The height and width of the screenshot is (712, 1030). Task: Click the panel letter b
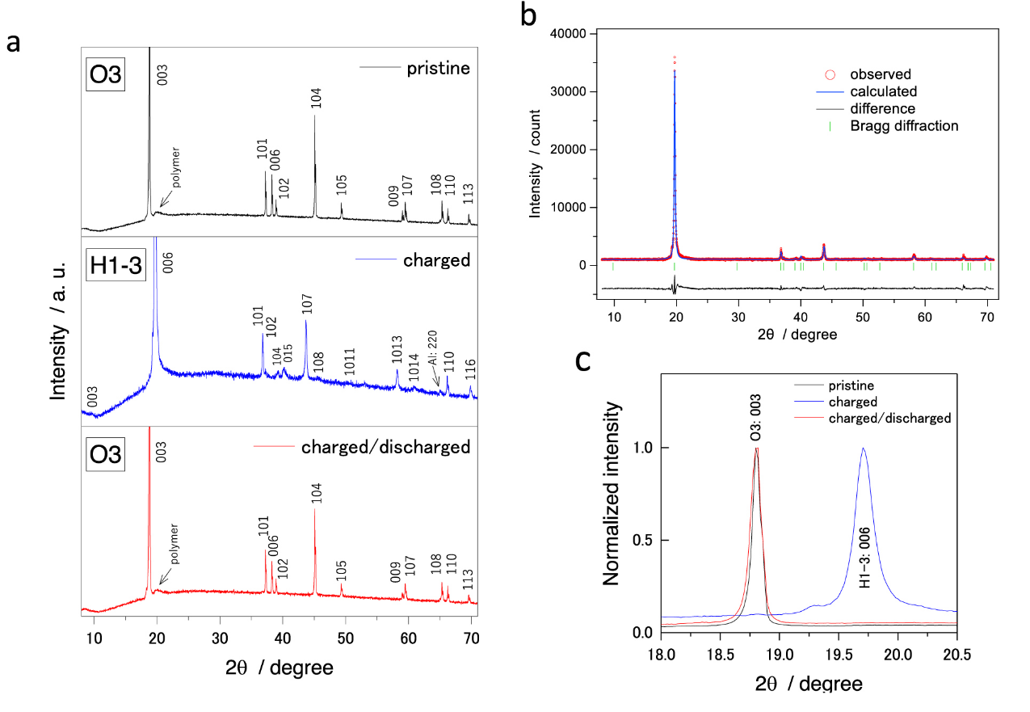[x=529, y=17]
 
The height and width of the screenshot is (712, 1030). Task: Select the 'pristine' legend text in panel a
[x=438, y=68]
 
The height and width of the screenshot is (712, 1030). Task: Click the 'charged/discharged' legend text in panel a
[x=385, y=447]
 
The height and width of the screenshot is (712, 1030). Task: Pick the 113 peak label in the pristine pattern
[x=469, y=197]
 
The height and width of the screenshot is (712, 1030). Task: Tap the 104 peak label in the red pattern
[x=316, y=493]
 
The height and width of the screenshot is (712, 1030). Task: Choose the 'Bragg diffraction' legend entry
[x=904, y=126]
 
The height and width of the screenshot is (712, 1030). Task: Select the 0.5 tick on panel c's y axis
[x=638, y=540]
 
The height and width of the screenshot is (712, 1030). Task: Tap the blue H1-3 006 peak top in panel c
[x=864, y=449]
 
